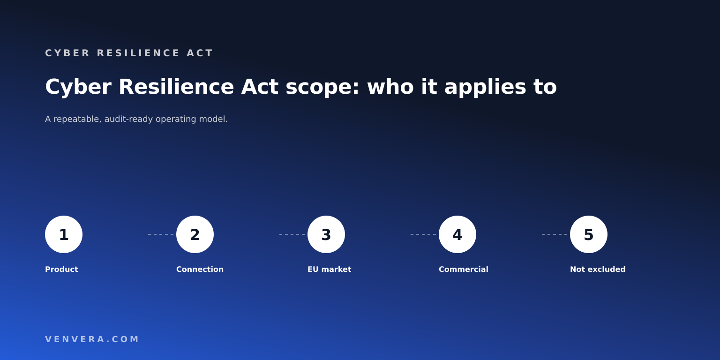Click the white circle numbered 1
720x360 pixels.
[x=64, y=234]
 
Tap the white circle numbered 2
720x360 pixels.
[x=195, y=234]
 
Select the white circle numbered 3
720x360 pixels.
[x=326, y=234]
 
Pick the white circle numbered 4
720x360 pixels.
[x=457, y=234]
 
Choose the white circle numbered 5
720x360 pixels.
[x=589, y=234]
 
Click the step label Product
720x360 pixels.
[x=61, y=270]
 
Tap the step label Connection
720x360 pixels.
[x=200, y=270]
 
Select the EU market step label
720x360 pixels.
[x=330, y=270]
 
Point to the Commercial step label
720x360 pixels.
[x=464, y=270]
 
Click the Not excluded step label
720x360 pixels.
[x=598, y=270]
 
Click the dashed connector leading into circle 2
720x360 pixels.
[x=161, y=234]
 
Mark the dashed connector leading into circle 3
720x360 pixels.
[x=292, y=234]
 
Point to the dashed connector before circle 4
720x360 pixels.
[x=423, y=234]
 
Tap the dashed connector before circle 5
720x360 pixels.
[x=555, y=234]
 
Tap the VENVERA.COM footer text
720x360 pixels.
[x=92, y=339]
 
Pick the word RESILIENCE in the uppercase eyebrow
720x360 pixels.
[x=138, y=53]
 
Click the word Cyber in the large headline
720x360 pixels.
[x=78, y=87]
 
